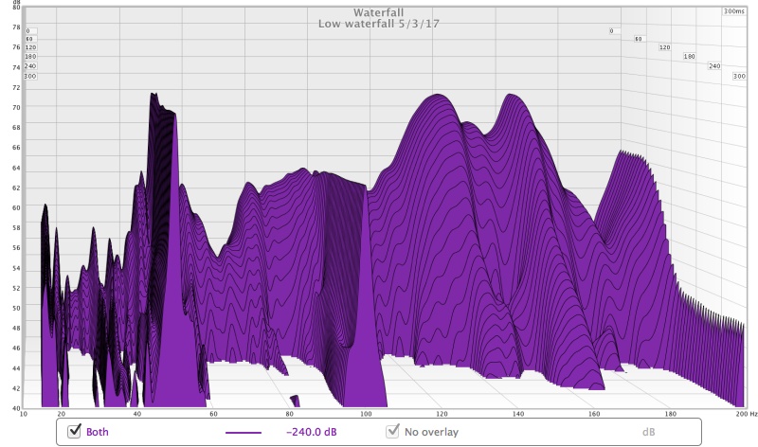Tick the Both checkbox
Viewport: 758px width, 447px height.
point(74,432)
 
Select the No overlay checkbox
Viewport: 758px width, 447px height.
point(391,432)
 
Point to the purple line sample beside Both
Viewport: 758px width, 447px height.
point(243,432)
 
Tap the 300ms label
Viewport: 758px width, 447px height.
point(733,11)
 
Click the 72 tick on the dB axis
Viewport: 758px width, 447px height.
point(16,87)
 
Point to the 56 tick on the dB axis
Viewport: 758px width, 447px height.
point(16,248)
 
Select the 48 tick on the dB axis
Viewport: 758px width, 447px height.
point(16,329)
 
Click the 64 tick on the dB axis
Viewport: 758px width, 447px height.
point(16,168)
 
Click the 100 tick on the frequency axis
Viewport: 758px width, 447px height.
point(362,415)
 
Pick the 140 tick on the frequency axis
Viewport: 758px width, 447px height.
point(516,415)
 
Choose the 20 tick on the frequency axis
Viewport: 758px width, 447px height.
point(62,415)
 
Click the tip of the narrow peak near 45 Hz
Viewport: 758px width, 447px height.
point(153,94)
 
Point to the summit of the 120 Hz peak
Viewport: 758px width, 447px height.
point(437,95)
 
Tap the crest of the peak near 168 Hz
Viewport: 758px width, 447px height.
point(623,151)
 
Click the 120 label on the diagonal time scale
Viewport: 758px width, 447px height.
point(664,47)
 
